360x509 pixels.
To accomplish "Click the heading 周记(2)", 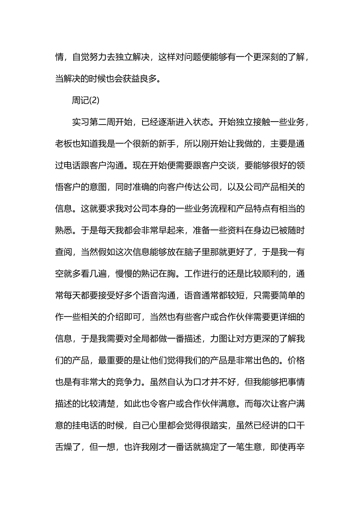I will [86, 100].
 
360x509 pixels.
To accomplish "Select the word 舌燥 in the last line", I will [64, 447].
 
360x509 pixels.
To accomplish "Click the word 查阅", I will [64, 251].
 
